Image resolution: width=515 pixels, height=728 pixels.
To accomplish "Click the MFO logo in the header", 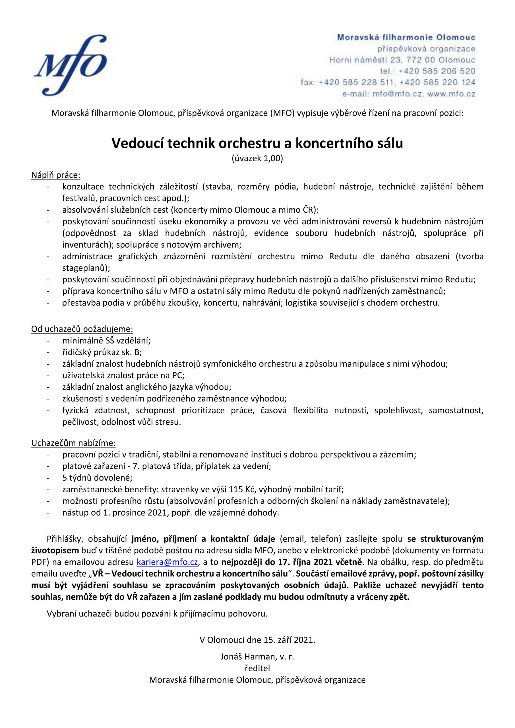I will point(71,65).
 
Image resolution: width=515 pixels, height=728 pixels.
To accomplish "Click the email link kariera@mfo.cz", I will point(167,562).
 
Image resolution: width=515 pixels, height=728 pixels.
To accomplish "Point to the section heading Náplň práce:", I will point(56,175).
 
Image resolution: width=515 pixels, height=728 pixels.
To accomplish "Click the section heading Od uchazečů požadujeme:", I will point(82,329).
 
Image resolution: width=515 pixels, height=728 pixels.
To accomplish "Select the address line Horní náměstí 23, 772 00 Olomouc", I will point(402,60).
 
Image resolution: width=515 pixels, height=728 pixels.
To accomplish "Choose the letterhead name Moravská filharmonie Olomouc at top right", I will point(406,38).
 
